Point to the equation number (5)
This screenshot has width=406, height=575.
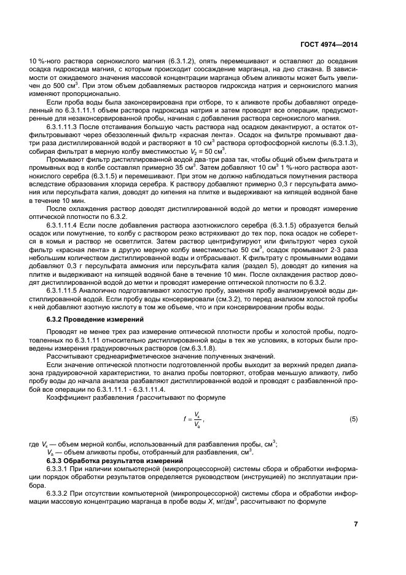[x=353, y=419]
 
